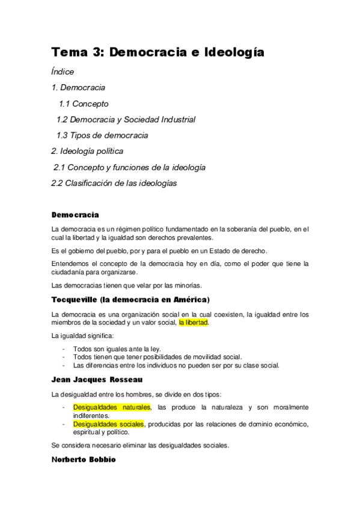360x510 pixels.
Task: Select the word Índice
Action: tap(63, 72)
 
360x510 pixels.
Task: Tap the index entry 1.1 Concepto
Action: tap(84, 103)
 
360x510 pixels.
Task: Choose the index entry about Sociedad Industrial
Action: tap(126, 120)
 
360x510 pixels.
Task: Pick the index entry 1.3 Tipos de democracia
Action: tap(102, 135)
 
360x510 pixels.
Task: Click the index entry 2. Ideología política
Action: tap(87, 152)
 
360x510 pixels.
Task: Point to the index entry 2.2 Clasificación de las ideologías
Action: tap(114, 183)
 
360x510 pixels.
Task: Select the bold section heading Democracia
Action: tap(75, 215)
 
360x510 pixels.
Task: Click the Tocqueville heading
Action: tap(130, 299)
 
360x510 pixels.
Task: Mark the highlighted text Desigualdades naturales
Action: tap(112, 407)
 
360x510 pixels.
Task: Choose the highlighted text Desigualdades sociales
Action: tap(108, 424)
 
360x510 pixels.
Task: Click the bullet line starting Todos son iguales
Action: tap(117, 349)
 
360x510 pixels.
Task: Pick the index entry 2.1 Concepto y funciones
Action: tap(129, 168)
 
